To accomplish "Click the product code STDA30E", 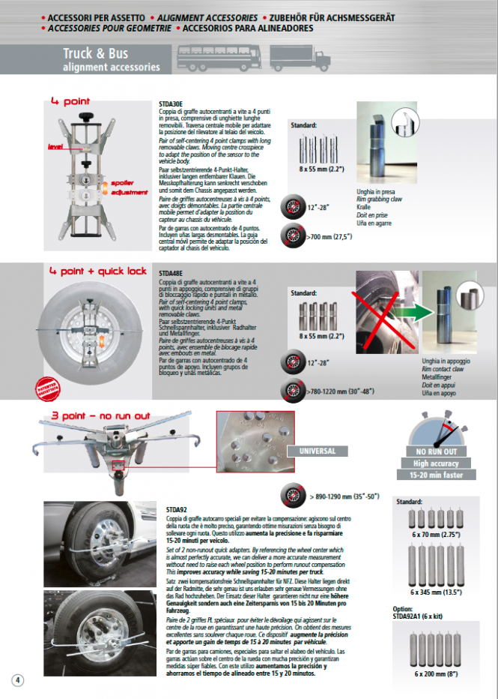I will (171, 104).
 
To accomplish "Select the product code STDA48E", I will (171, 274).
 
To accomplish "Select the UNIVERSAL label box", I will (317, 451).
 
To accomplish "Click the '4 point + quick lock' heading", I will (98, 271).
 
